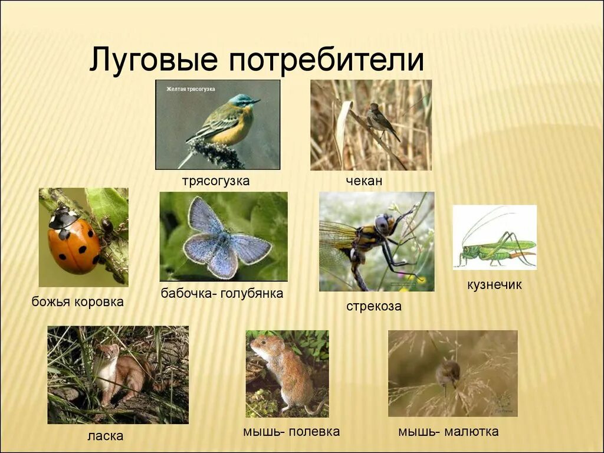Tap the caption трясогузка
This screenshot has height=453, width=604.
pyautogui.click(x=215, y=181)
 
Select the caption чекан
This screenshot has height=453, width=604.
pyautogui.click(x=364, y=181)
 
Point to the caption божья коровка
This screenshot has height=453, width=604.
pyautogui.click(x=78, y=302)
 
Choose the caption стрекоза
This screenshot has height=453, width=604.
pyautogui.click(x=374, y=306)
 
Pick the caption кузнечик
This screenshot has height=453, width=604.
pyautogui.click(x=494, y=285)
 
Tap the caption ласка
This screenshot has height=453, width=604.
pyautogui.click(x=105, y=436)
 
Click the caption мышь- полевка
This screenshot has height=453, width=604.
pyautogui.click(x=291, y=432)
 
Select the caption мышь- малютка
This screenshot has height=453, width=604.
pyautogui.click(x=448, y=432)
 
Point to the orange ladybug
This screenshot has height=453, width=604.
pyautogui.click(x=74, y=242)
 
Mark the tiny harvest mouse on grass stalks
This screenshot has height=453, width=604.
pyautogui.click(x=448, y=373)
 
